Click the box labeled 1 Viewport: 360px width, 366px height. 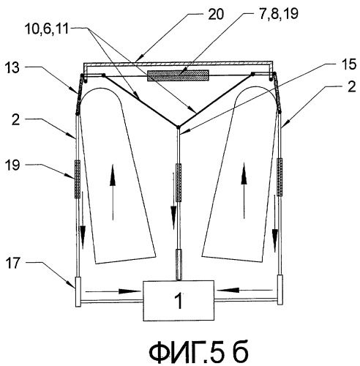coord(179,300)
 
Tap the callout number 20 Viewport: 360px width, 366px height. coord(215,14)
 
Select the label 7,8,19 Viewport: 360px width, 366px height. coord(278,13)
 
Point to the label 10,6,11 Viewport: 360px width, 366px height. coord(47,30)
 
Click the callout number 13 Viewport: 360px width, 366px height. coord(12,67)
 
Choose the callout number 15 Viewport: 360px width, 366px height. coord(349,64)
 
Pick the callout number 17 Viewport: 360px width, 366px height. coord(12,264)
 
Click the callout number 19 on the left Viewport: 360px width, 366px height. coord(12,165)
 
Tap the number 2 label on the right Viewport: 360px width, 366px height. coord(351,86)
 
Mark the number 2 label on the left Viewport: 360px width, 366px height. coord(16,119)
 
